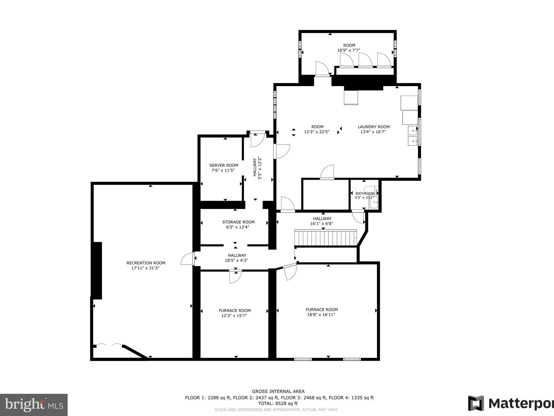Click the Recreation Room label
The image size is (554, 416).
146,263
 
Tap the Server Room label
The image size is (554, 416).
224,165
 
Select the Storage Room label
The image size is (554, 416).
238,222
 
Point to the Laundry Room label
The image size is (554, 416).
374,127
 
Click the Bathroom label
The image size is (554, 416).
365,193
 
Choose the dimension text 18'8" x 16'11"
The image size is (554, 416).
322,315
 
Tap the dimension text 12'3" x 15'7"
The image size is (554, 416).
234,316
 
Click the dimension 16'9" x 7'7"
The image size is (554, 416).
348,50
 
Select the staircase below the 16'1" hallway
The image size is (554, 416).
326,238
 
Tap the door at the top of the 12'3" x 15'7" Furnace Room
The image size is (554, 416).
235,276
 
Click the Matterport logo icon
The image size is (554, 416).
476,403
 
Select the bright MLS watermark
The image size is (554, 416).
34,405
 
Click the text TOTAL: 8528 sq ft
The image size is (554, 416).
278,403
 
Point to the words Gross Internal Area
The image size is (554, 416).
278,391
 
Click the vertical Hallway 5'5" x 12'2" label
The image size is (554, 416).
257,168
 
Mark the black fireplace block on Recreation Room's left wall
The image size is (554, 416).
97,271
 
